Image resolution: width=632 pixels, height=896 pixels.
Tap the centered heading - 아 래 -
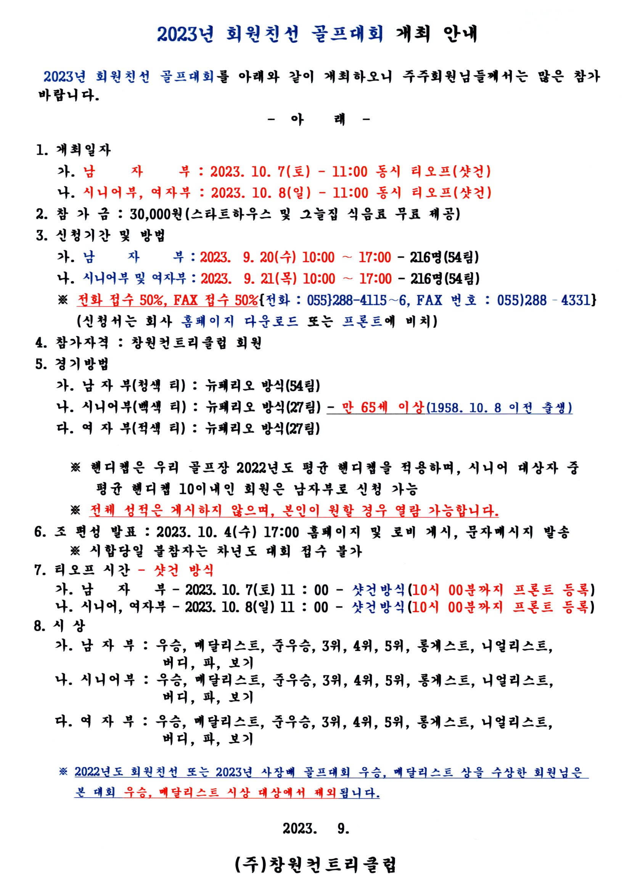318,119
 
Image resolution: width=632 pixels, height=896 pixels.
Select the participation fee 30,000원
156,214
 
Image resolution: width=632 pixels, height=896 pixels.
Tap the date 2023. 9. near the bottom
316,828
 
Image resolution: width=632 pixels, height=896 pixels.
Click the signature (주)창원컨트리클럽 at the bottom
316,865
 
